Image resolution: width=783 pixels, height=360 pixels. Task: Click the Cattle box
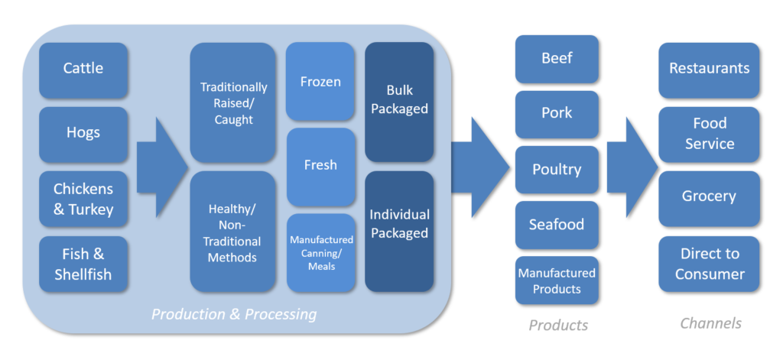(x=83, y=70)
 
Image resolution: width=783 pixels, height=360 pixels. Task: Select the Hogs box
(x=83, y=134)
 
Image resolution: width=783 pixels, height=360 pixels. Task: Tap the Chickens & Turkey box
(x=83, y=199)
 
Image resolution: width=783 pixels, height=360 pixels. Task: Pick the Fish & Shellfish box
(x=83, y=264)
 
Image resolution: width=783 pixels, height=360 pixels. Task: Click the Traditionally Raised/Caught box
(x=233, y=103)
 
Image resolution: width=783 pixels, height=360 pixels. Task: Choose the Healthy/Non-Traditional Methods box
(x=233, y=232)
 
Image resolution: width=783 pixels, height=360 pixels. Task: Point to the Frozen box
(x=320, y=82)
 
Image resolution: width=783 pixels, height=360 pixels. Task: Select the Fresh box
(x=320, y=166)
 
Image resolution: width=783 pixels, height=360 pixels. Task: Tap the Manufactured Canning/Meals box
(x=321, y=252)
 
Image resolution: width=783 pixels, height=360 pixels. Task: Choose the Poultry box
(x=557, y=170)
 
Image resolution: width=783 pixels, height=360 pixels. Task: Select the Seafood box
(x=557, y=225)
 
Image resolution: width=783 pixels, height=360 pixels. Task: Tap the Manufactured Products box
(x=557, y=281)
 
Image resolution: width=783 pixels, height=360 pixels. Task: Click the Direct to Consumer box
(x=709, y=264)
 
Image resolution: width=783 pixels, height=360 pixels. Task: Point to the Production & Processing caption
(x=234, y=314)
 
